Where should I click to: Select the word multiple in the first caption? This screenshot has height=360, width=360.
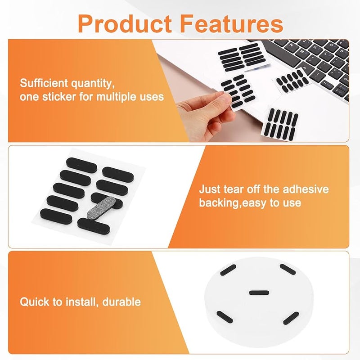[120, 96]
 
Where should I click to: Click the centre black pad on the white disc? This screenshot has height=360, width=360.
[259, 294]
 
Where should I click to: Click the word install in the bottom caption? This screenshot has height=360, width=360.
[79, 301]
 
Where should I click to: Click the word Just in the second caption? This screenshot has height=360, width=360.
[209, 189]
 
